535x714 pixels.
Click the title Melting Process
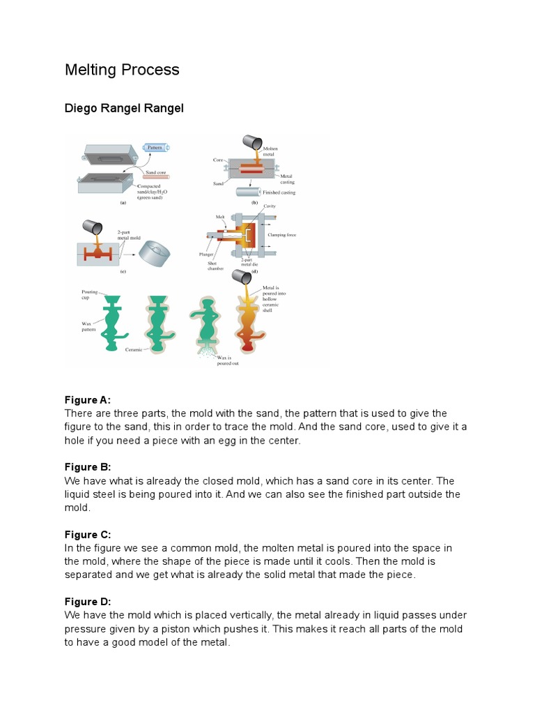(122, 70)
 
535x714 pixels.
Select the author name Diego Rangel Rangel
(124, 109)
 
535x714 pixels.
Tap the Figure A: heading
(88, 400)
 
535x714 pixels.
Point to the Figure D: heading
(88, 601)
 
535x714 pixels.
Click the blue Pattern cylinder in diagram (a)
(155, 148)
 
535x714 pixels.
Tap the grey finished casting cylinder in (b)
(249, 192)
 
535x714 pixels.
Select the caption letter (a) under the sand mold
(123, 203)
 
